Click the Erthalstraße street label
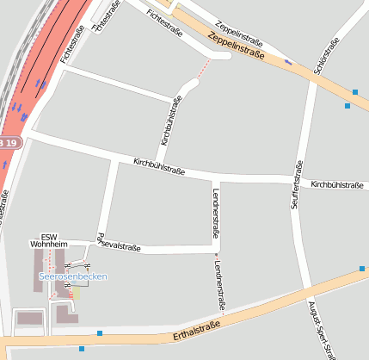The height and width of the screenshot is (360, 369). tap(196, 327)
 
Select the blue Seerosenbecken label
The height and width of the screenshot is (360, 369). tap(73, 276)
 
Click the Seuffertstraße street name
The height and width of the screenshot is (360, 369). tap(297, 185)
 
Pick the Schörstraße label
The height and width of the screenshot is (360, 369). tap(327, 56)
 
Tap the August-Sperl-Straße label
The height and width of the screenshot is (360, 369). tap(320, 327)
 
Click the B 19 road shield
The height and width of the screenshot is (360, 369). tap(8, 141)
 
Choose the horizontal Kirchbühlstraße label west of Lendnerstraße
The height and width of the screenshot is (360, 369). tap(158, 164)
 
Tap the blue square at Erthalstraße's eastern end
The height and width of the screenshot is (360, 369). tap(362, 270)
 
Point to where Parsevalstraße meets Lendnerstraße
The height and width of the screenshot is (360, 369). tap(215, 251)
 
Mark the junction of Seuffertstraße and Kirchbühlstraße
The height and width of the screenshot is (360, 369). tap(297, 179)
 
